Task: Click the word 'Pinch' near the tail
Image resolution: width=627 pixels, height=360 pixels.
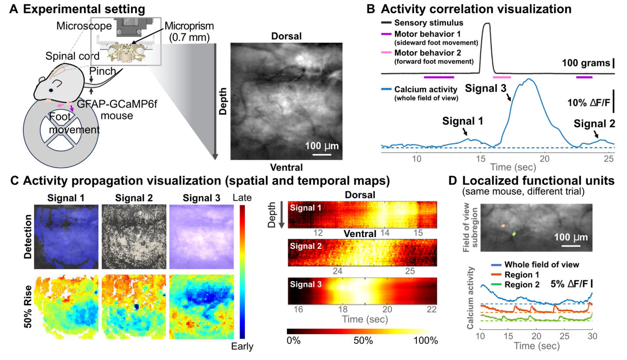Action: click(x=102, y=71)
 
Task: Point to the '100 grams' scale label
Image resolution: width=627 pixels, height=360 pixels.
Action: click(x=585, y=64)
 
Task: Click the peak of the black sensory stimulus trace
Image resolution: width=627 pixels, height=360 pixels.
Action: click(x=486, y=24)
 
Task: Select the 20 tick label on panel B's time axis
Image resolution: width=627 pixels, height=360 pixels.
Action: click(x=545, y=158)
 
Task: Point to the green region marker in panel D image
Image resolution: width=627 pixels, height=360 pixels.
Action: click(x=514, y=234)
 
